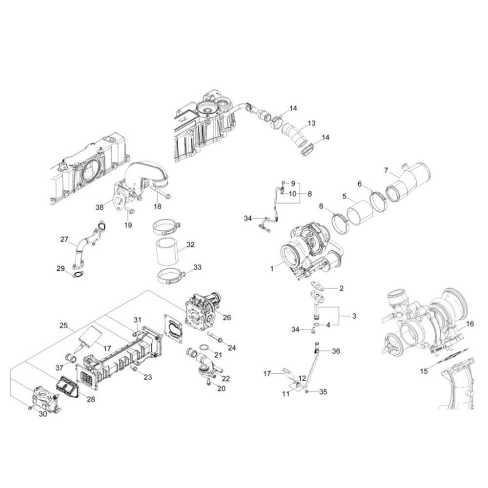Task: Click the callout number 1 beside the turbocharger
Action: coord(272,268)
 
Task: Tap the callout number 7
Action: coord(386,170)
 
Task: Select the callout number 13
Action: coord(311,123)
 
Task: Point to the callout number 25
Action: coord(63,325)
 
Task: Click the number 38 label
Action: coord(100,206)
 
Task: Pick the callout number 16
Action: coord(469,324)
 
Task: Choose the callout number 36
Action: coord(336,351)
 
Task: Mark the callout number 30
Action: coord(42,414)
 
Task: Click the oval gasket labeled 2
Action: coord(318,285)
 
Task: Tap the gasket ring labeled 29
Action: coord(78,275)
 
